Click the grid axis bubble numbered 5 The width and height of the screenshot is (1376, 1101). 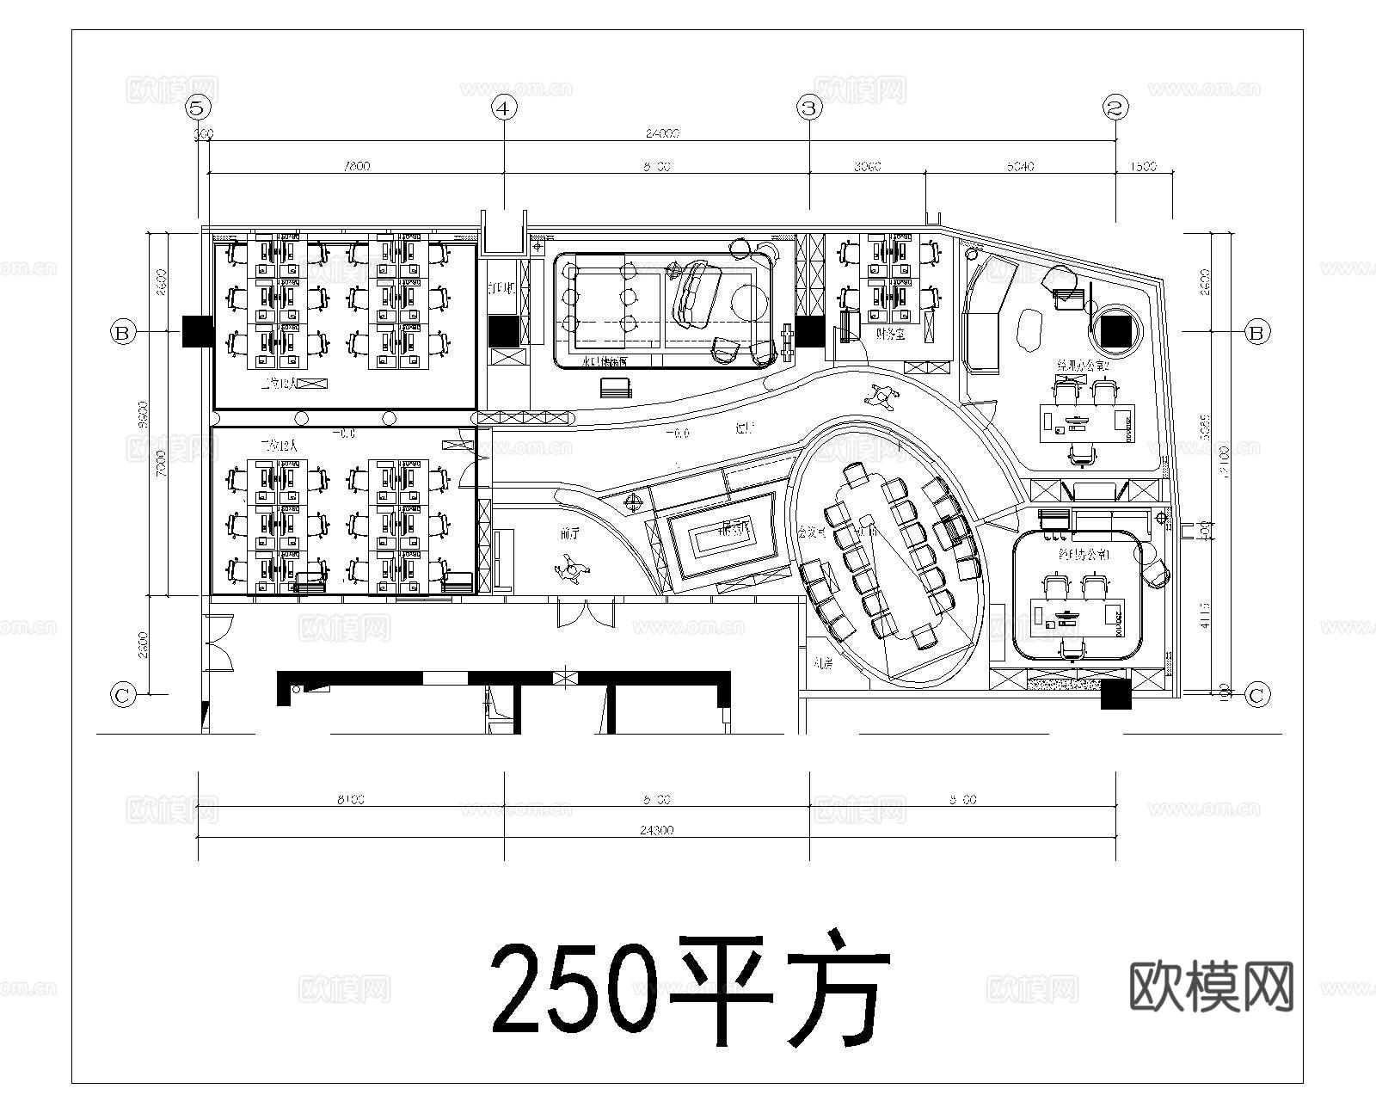[198, 108]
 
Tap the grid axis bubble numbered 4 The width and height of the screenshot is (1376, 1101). [504, 108]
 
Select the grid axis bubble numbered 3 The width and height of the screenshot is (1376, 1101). [808, 108]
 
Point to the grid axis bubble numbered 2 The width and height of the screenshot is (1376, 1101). [1115, 108]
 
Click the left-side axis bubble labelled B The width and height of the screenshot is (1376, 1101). [123, 332]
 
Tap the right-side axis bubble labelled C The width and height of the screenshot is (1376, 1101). [1256, 694]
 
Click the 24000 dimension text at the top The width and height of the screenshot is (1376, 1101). [662, 133]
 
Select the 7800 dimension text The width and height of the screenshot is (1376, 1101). [355, 166]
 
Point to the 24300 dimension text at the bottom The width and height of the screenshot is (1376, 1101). [656, 831]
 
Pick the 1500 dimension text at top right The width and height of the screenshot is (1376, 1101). [1144, 166]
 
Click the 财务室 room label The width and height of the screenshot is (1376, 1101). [891, 334]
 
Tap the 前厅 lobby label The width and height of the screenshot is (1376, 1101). [569, 534]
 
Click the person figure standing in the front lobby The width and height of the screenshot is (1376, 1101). [571, 569]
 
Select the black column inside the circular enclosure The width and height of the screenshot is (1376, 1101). [1120, 330]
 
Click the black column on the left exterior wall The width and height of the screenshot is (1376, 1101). [197, 331]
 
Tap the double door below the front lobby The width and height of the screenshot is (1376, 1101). [587, 613]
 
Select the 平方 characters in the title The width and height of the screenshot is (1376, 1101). [778, 989]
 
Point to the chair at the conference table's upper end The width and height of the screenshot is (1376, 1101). [856, 475]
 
